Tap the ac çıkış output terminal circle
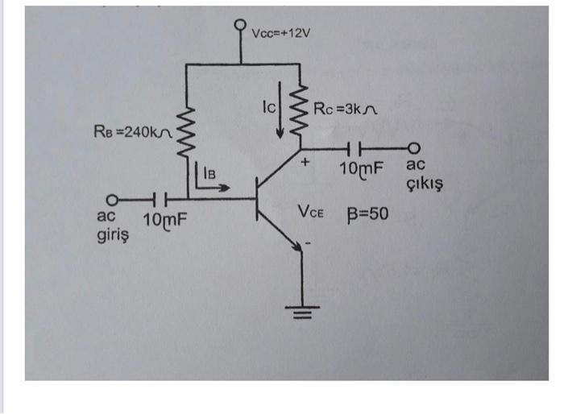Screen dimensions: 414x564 click(414, 149)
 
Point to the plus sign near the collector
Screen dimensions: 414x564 click(305, 164)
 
